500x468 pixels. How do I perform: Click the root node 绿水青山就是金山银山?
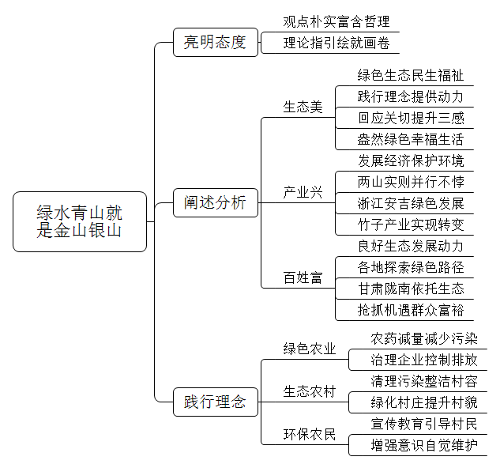[80, 221]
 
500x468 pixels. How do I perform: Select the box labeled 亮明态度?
[216, 42]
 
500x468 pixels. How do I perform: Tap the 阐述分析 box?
[216, 202]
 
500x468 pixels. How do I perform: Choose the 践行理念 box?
[216, 402]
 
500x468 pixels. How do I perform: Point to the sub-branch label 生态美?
[303, 107]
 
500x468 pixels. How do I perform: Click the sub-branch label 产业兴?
[303, 192]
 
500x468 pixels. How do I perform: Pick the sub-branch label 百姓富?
[303, 277]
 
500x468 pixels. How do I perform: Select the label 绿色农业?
[310, 349]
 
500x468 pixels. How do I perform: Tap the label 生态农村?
[310, 391]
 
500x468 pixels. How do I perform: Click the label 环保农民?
[310, 434]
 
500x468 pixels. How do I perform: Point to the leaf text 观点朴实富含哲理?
[336, 21]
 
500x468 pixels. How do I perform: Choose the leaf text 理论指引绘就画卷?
[336, 43]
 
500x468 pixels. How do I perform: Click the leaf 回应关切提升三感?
[411, 118]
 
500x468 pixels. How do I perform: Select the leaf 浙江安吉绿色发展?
[411, 203]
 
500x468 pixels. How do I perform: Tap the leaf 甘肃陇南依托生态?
[411, 289]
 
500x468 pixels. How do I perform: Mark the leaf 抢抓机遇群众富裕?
[411, 311]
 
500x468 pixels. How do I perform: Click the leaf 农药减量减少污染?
[424, 338]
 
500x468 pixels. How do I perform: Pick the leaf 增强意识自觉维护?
[424, 445]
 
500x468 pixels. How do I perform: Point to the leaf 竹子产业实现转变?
[411, 225]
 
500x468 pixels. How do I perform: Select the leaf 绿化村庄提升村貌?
[424, 402]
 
